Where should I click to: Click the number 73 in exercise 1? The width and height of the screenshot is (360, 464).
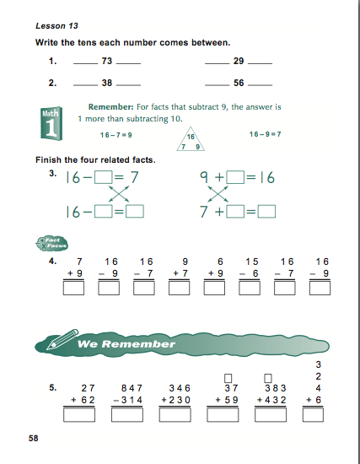pos(106,62)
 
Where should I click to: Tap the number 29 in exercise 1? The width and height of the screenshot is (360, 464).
pos(239,62)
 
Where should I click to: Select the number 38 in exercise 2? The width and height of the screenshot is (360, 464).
pos(106,84)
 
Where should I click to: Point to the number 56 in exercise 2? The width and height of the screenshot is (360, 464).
pos(239,84)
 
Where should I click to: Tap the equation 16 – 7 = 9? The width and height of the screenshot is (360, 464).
pos(116,135)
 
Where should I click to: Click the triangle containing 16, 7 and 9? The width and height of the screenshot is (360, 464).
pos(191,141)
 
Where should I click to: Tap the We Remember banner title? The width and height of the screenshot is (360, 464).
pos(126,344)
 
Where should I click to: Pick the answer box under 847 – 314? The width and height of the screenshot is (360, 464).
pos(132,415)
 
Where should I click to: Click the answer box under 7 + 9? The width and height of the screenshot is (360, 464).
pos(73,289)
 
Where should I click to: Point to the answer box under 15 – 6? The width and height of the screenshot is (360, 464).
pos(250,289)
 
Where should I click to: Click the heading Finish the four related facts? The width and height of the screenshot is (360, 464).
pos(94,159)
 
